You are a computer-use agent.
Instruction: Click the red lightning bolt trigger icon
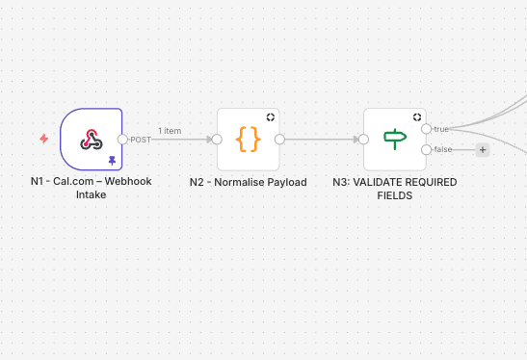(43, 139)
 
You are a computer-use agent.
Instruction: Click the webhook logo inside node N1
(92, 139)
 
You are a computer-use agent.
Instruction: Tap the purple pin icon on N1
(113, 160)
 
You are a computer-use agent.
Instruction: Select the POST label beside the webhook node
(141, 140)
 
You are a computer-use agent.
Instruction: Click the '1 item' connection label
(170, 130)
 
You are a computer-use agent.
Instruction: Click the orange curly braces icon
(249, 139)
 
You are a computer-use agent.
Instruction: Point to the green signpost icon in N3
(395, 139)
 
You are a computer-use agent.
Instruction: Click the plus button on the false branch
(483, 149)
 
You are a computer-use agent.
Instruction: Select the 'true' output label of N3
(442, 128)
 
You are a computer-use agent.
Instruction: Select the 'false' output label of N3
(443, 149)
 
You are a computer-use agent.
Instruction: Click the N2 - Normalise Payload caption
(248, 182)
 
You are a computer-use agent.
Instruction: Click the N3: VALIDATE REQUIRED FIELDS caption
(394, 188)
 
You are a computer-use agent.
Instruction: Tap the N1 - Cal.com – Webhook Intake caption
(91, 188)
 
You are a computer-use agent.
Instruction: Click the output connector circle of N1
(123, 139)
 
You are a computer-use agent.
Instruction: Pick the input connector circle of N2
(218, 139)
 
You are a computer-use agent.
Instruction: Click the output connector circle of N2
(279, 139)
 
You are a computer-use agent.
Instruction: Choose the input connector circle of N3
(364, 139)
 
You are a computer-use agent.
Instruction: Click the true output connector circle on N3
(427, 128)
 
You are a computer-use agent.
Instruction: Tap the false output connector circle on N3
(427, 149)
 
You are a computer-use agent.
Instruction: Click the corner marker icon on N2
(271, 116)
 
